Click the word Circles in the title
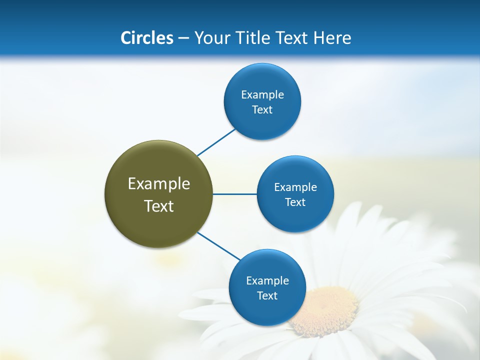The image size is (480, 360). click(146, 38)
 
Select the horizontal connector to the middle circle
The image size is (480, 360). click(234, 194)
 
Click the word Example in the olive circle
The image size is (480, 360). click(159, 184)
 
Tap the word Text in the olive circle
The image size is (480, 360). click(159, 206)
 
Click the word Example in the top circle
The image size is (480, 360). click(262, 95)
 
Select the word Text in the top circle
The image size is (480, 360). click(262, 110)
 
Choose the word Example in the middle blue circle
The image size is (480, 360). click(295, 187)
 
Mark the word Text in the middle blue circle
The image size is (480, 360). click(295, 202)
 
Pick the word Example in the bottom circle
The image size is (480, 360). click(267, 281)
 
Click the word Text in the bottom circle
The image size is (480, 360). click(267, 296)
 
